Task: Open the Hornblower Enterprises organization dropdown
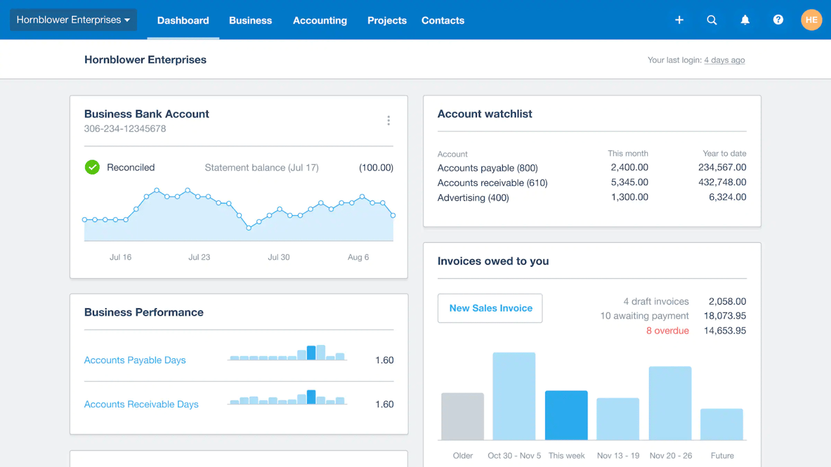(x=73, y=20)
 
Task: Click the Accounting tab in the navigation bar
(x=320, y=21)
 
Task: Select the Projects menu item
(x=386, y=21)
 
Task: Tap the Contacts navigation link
(x=442, y=21)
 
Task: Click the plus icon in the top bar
(x=679, y=20)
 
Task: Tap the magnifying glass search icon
(x=711, y=20)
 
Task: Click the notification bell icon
(x=745, y=20)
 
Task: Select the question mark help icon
(x=778, y=20)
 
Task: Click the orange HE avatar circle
(x=811, y=20)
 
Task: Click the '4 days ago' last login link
(x=724, y=60)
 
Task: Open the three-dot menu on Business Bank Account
(x=389, y=121)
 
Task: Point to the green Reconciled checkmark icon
(x=92, y=167)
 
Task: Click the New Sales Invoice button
(x=490, y=308)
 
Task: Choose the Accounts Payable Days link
(x=135, y=360)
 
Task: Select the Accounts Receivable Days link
(x=141, y=404)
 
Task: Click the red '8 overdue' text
(x=667, y=331)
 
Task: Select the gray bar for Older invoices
(x=462, y=417)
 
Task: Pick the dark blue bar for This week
(x=566, y=416)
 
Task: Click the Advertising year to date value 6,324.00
(x=727, y=197)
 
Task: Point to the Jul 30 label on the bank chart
(x=278, y=257)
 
